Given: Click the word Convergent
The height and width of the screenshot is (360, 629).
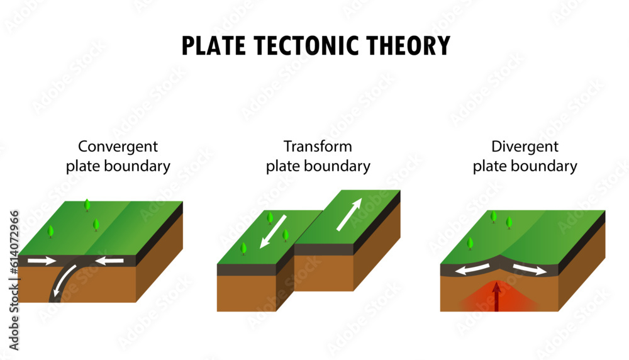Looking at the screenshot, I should (118, 147).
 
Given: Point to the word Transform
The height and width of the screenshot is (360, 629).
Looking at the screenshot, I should (318, 147).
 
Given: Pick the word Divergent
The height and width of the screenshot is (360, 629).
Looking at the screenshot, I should (525, 147).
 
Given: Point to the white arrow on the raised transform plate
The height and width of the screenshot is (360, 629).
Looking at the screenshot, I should (349, 215).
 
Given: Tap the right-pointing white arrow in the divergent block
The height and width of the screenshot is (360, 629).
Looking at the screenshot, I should (529, 269).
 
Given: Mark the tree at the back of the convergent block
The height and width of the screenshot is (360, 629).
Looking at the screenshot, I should (87, 205).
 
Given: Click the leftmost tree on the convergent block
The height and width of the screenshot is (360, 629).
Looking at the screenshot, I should (50, 232).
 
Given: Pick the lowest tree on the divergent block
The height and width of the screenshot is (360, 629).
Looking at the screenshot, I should (470, 244).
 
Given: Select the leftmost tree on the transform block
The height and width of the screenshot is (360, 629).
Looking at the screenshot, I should (243, 249).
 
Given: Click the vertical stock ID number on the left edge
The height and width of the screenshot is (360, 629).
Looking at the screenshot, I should (14, 279).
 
